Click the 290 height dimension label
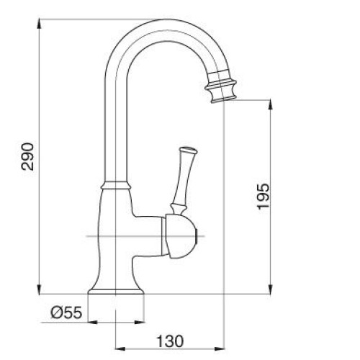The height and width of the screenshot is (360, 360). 27,156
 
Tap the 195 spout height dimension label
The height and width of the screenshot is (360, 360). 264,197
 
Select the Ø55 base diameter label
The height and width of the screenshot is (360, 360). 66,312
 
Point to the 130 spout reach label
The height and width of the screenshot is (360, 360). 170,341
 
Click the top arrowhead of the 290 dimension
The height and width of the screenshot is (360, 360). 39,24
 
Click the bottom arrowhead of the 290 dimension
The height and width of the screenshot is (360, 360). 39,289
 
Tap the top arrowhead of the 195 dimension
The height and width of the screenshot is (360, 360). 270,104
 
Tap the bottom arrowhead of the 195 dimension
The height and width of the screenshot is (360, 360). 270,289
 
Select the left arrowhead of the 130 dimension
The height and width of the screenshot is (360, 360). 120,348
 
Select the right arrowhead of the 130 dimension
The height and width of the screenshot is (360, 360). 219,348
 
